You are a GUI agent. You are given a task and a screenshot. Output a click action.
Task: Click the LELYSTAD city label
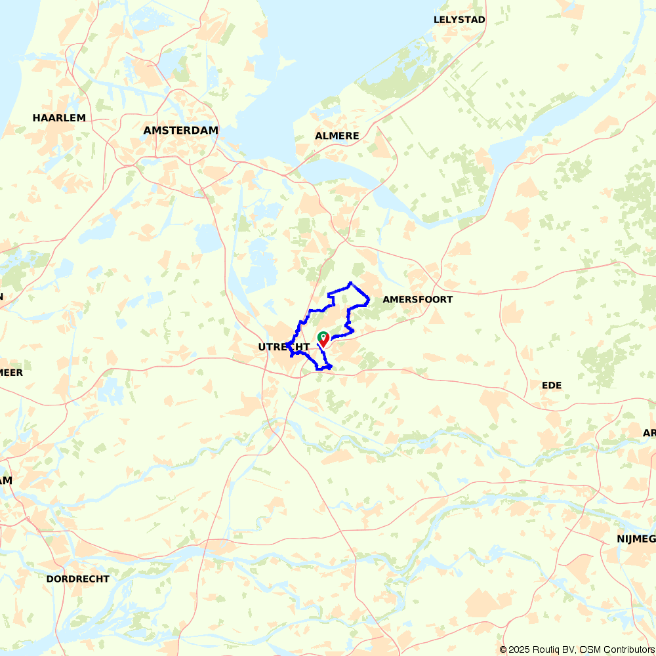[x=459, y=20]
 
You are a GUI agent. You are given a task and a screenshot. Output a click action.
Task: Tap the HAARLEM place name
[x=59, y=118]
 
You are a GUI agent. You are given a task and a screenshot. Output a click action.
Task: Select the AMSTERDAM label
[x=180, y=131]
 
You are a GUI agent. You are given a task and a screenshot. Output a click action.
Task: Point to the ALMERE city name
[x=337, y=136]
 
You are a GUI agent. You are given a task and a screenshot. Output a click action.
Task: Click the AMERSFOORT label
[x=417, y=299]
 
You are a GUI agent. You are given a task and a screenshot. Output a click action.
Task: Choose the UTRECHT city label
[x=283, y=346]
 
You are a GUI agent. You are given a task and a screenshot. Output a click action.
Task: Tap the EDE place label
[x=552, y=385]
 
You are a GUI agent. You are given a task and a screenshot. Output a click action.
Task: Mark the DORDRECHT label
[x=78, y=579]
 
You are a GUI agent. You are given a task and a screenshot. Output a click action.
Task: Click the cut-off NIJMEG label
[x=636, y=539]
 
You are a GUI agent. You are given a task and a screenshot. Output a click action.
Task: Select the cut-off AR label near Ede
[x=649, y=433]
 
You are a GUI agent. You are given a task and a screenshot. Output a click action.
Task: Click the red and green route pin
[x=323, y=338]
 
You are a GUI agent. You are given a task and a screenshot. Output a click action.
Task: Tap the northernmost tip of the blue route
[x=351, y=283]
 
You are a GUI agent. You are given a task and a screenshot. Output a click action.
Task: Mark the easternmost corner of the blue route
[x=369, y=300]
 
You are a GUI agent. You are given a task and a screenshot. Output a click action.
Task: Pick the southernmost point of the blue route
[x=319, y=369]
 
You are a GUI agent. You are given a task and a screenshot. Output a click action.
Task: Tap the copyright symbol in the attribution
[x=503, y=649]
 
